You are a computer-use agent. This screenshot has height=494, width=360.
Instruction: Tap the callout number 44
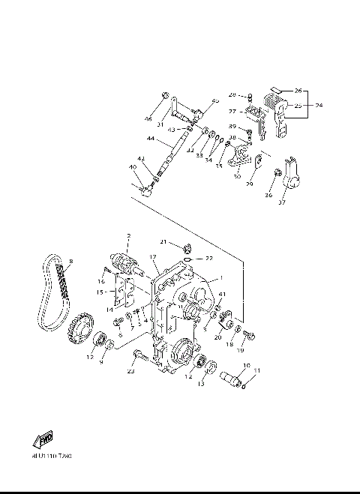click(x=151, y=139)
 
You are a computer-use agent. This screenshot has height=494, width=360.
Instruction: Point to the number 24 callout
click(x=318, y=105)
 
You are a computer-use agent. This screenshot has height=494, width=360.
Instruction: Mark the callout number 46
click(x=148, y=118)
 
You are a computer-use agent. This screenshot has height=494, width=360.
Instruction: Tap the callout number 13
click(x=200, y=385)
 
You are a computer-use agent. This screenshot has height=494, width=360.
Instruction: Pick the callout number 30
click(x=236, y=177)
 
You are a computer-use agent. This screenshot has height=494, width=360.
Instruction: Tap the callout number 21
click(x=162, y=241)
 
